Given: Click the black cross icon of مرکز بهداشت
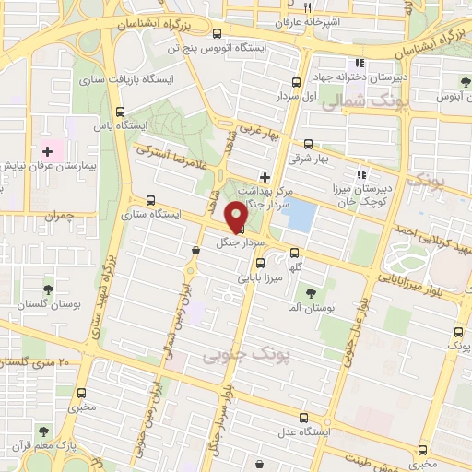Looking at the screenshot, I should point(265,176).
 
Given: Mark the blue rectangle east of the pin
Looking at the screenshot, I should point(301,217).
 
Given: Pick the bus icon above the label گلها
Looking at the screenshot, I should point(295,253).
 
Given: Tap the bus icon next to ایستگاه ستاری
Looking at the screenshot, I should point(149,200).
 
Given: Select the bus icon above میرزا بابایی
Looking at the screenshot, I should point(260,264).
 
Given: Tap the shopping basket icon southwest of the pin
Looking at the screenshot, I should point(195,249).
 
